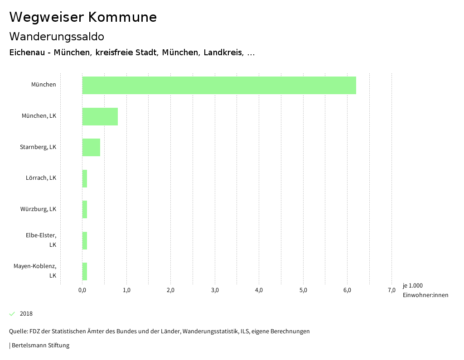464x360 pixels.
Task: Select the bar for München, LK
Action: click(x=100, y=116)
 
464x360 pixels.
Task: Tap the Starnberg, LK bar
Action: click(x=91, y=147)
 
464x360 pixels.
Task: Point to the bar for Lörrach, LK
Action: click(x=85, y=178)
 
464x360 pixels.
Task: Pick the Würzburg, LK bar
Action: click(x=85, y=209)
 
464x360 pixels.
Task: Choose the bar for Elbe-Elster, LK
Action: click(x=85, y=240)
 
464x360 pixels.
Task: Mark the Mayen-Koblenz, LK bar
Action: click(x=85, y=271)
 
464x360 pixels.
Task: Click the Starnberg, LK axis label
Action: click(x=38, y=147)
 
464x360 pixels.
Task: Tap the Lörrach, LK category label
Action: click(x=41, y=178)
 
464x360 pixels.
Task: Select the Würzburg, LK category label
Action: click(x=38, y=209)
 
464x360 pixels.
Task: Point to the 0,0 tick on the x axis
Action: click(x=82, y=290)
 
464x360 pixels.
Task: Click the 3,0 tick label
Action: click(x=215, y=290)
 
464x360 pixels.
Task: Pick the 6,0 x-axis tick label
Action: click(x=348, y=290)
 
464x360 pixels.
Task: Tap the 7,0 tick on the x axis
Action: click(x=391, y=290)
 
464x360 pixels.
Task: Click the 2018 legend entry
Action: click(x=26, y=314)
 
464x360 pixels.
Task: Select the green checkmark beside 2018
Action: click(x=12, y=314)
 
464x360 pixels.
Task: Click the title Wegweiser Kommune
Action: click(x=83, y=17)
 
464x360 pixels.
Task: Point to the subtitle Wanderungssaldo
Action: click(x=57, y=36)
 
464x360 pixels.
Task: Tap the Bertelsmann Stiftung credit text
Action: click(x=40, y=346)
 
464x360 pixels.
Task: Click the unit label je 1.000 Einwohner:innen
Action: click(x=425, y=290)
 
